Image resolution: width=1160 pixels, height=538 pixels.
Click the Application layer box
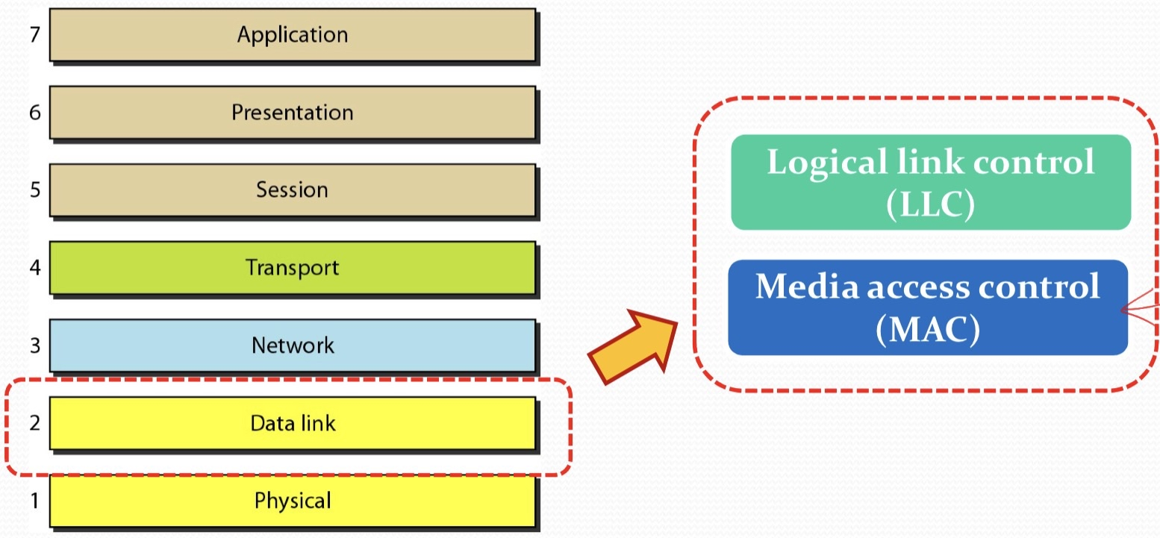point(292,34)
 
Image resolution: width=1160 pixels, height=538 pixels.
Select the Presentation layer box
point(292,112)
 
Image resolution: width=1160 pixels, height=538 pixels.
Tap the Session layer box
point(292,190)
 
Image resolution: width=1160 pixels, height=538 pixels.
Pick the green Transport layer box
point(292,267)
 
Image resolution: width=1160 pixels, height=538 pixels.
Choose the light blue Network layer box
point(292,345)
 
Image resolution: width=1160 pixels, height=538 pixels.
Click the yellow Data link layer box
point(292,423)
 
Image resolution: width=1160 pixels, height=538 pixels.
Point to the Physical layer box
point(292,500)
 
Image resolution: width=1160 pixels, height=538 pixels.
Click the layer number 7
point(34,35)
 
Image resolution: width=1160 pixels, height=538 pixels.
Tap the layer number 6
point(34,113)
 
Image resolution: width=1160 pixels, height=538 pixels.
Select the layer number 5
point(34,190)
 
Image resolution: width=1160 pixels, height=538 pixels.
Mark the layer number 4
point(34,268)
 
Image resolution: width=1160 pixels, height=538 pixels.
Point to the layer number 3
point(34,345)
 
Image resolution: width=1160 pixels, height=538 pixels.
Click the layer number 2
point(34,423)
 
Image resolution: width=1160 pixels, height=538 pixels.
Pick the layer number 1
point(34,501)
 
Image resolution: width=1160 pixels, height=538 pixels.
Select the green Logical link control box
point(930,182)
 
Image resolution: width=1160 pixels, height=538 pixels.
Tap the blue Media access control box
point(928,307)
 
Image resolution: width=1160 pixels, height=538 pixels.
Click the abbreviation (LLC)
point(930,205)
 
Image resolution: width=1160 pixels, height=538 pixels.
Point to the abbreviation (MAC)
point(927,329)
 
